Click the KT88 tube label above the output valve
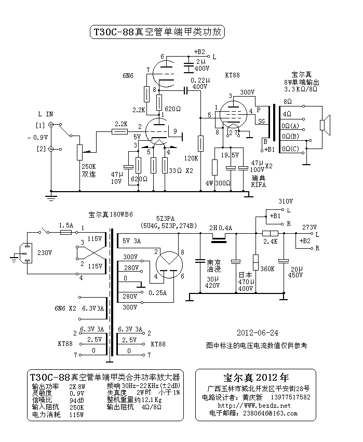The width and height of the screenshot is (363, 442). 232,75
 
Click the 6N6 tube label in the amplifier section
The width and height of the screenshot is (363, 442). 128,75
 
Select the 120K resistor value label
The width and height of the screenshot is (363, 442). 191,158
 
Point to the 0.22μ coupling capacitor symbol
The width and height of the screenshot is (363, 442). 185,90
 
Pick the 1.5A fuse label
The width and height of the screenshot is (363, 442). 66,225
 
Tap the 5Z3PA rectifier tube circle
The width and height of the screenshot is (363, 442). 169,264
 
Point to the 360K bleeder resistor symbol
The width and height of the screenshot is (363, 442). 256,262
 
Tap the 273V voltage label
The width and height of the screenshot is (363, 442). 310,227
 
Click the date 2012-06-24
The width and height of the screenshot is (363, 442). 257,332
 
